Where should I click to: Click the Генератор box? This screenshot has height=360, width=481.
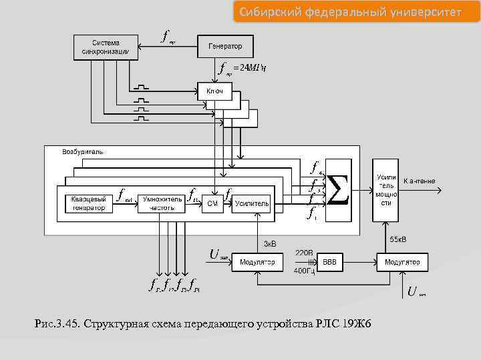226,47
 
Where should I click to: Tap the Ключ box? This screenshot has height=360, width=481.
214,91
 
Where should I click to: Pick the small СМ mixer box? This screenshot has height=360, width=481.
212,203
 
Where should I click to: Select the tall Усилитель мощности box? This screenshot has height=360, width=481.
386,189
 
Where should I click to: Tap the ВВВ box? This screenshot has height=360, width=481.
329,262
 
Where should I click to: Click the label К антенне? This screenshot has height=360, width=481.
420,181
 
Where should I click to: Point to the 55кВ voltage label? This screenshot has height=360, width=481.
399,239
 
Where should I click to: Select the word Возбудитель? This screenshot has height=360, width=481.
83,152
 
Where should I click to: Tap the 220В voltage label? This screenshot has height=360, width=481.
305,253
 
